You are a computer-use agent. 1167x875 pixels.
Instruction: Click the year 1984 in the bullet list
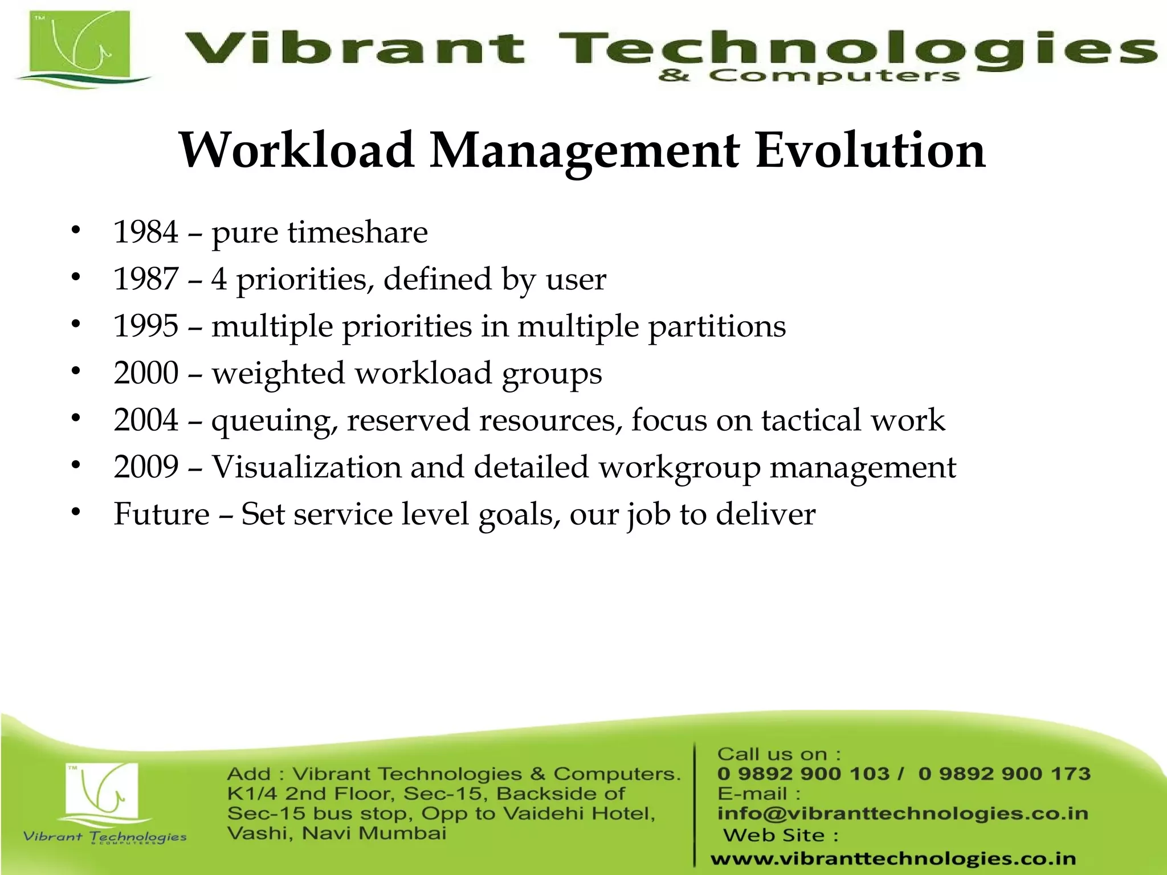click(x=146, y=232)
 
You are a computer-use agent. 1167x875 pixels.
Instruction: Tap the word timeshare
click(x=357, y=232)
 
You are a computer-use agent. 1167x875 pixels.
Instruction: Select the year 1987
click(x=146, y=279)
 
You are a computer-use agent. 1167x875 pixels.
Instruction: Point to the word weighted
click(x=278, y=374)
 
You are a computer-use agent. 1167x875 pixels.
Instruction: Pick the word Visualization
click(x=306, y=467)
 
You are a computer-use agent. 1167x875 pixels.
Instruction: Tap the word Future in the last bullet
click(x=161, y=514)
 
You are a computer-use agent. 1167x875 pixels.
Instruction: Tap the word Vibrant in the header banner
click(x=353, y=48)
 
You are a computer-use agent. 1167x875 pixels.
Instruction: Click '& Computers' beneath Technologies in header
click(x=809, y=75)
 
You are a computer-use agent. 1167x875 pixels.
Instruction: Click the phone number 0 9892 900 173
click(x=1004, y=774)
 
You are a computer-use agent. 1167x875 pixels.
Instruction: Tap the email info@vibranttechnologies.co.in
click(x=903, y=813)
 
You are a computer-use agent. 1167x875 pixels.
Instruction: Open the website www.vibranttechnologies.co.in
click(x=893, y=858)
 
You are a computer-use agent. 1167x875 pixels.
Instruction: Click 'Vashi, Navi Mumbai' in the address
click(x=336, y=833)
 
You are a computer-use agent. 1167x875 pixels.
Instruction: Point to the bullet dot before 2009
click(x=76, y=466)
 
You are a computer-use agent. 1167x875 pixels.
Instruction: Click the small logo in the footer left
click(x=103, y=795)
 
